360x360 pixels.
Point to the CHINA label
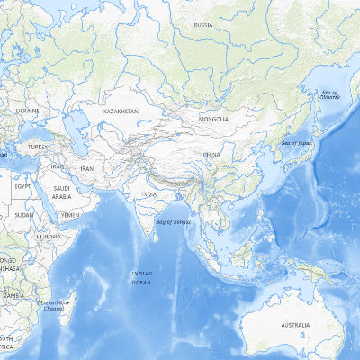(x=212, y=155)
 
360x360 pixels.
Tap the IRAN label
(x=88, y=168)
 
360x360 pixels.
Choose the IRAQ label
(x=58, y=166)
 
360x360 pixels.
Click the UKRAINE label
(x=27, y=111)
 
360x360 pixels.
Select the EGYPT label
(x=23, y=184)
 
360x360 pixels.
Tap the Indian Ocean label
(x=142, y=277)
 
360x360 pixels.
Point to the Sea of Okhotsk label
(x=332, y=94)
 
